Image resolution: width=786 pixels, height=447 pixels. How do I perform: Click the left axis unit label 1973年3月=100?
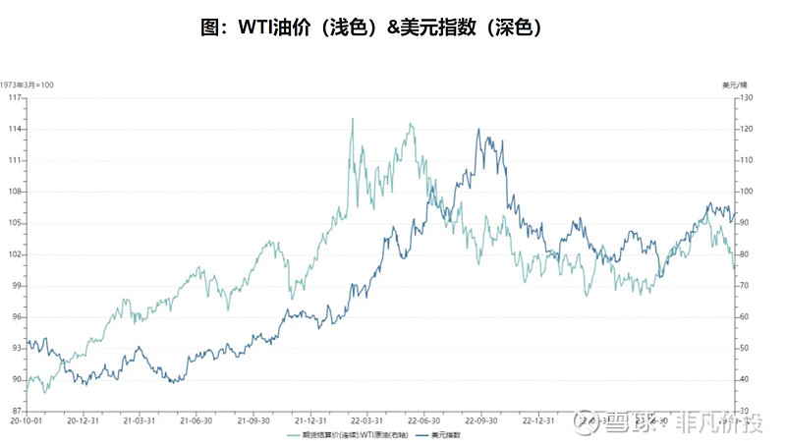point(28,85)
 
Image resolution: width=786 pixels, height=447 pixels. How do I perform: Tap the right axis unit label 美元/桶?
point(734,85)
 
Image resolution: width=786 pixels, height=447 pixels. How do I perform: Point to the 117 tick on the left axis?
point(15,98)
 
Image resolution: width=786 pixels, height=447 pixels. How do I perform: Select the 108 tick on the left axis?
point(15,192)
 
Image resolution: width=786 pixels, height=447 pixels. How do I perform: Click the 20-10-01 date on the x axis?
point(26,419)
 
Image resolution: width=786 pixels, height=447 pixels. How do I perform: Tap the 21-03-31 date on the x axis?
point(140,419)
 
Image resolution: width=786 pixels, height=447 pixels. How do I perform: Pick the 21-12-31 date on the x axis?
point(310,419)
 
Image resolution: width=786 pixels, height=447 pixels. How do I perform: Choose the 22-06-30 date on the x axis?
point(423,419)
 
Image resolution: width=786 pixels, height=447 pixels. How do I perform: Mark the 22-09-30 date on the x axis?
point(480,419)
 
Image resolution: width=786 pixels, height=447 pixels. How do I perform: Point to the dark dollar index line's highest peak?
point(478,130)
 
